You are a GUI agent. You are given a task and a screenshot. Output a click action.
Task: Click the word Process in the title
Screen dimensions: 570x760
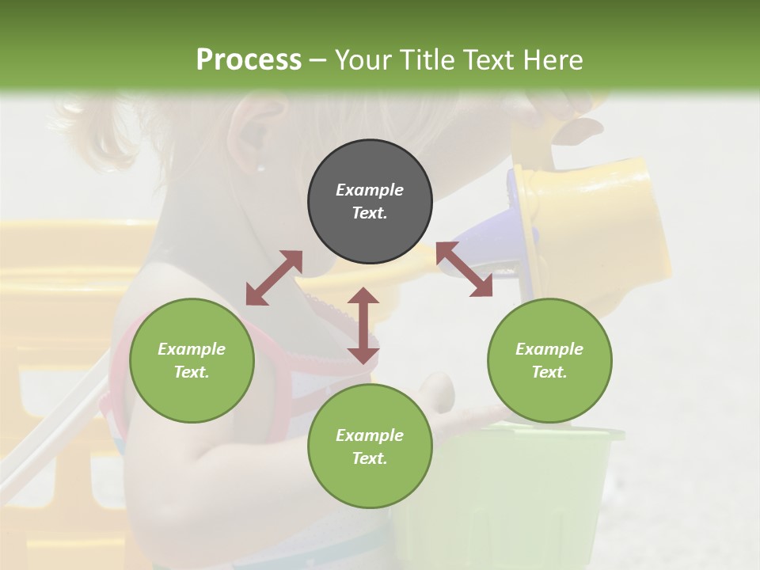(x=249, y=60)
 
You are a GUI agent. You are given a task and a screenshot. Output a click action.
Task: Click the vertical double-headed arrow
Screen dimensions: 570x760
(x=363, y=325)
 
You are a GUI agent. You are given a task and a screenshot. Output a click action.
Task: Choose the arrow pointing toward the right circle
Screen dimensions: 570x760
(x=464, y=269)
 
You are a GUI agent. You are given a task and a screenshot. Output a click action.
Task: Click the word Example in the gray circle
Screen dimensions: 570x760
(x=370, y=190)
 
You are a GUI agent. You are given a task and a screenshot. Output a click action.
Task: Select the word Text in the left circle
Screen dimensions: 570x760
(x=192, y=372)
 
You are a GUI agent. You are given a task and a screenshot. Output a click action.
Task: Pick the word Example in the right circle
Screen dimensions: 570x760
(x=549, y=349)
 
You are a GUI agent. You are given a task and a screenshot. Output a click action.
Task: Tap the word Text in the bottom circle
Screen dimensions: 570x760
(x=370, y=458)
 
